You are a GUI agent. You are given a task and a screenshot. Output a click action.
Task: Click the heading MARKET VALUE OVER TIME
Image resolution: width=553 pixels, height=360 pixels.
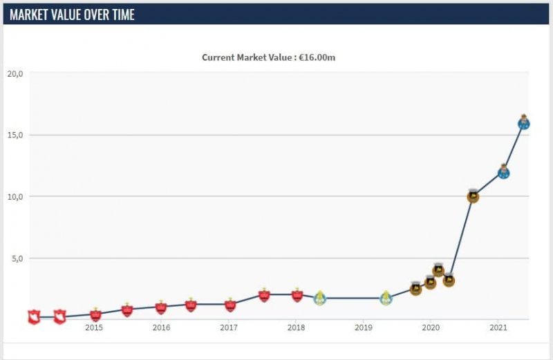(72, 14)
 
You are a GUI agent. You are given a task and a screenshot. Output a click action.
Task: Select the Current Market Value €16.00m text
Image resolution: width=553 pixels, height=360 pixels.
(268, 57)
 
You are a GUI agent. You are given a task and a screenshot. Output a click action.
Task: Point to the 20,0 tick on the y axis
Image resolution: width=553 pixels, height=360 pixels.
(15, 73)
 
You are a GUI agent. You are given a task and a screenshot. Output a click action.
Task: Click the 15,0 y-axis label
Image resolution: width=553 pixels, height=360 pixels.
(15, 135)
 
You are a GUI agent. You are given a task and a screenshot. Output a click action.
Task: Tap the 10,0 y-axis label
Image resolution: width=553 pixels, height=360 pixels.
(15, 196)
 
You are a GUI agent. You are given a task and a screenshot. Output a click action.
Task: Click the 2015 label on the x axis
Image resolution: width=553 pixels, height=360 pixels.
(94, 327)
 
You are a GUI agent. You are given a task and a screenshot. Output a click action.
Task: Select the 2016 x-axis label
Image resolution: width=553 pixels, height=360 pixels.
(161, 327)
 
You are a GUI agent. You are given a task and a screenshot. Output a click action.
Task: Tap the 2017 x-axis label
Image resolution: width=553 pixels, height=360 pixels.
(229, 327)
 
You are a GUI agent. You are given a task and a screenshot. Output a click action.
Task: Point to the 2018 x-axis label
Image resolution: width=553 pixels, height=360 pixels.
(296, 327)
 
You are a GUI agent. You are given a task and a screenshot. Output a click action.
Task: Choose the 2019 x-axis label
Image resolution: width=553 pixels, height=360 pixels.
(364, 327)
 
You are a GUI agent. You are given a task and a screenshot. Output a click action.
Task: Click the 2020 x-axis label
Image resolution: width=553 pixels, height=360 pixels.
(431, 327)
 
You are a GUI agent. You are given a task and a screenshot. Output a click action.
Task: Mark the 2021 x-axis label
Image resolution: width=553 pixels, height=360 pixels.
(498, 327)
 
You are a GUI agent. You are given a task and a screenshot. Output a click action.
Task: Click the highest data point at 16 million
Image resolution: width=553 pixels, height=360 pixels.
(523, 123)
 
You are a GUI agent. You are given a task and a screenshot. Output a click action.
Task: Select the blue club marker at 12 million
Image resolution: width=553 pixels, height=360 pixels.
(503, 172)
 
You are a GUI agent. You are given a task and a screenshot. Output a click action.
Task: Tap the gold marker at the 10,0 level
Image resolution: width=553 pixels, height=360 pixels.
(473, 196)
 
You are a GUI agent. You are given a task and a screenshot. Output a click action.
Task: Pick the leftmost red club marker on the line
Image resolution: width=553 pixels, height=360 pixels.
(33, 317)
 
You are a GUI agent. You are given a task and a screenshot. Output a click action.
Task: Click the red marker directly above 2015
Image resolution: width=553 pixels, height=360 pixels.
(95, 314)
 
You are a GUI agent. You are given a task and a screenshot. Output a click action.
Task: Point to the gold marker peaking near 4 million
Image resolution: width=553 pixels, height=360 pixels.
(438, 269)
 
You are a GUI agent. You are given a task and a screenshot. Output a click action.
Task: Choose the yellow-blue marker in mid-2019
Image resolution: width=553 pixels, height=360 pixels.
(386, 298)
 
